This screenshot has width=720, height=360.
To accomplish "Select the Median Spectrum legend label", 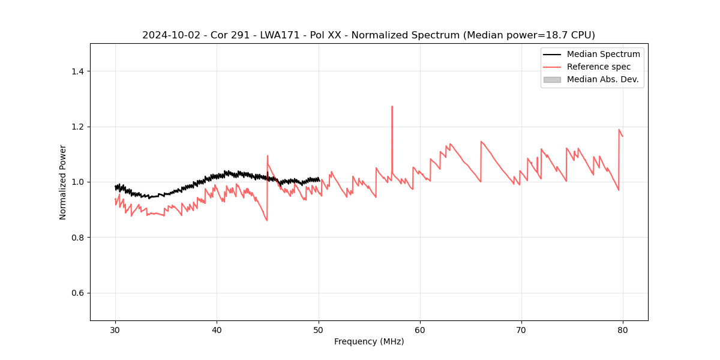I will click(603, 54).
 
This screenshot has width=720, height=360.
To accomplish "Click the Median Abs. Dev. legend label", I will click(602, 79).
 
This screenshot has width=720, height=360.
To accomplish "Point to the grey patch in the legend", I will click(552, 79).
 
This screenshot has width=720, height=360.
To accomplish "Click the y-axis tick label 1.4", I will click(77, 71).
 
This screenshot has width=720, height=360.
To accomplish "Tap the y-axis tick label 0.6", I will click(77, 293).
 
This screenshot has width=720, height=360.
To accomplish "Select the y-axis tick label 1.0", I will click(77, 182).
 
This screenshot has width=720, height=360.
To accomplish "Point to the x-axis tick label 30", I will click(116, 330).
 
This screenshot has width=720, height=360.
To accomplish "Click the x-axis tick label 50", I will click(319, 330).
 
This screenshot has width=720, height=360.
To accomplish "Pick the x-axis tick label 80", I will click(623, 330).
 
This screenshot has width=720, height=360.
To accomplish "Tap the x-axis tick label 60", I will click(420, 330).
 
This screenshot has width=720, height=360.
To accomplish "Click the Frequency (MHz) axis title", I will click(369, 341).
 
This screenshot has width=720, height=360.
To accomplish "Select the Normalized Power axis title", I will click(63, 182).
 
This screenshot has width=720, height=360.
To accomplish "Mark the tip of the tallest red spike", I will click(392, 107).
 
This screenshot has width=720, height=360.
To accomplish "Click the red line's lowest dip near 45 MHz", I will click(267, 220).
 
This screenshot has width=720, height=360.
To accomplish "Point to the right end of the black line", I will click(319, 179).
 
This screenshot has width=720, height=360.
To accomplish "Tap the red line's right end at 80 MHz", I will click(623, 136).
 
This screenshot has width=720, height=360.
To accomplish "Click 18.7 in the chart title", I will click(543, 35).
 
